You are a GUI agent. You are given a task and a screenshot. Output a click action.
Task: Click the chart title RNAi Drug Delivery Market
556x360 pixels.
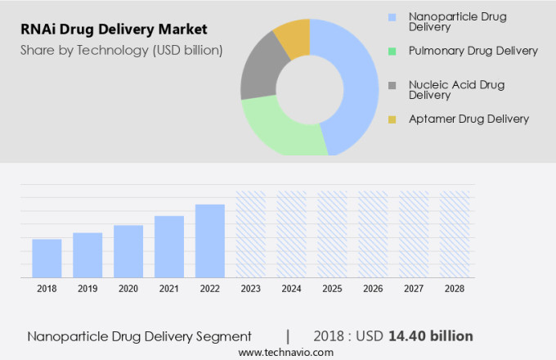point(114,30)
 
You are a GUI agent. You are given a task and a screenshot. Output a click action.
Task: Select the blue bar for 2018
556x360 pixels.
point(47,258)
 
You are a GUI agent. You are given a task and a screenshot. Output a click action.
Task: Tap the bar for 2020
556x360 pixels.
point(128,250)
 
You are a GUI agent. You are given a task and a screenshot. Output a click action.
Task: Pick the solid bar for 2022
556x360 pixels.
point(209,241)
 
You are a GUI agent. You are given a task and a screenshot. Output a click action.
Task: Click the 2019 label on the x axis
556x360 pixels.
point(87,289)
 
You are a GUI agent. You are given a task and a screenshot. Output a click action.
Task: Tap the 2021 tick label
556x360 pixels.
point(168,289)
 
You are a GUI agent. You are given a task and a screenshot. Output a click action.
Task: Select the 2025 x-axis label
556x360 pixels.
point(332,289)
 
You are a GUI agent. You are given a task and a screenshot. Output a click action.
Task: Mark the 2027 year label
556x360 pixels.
point(414,289)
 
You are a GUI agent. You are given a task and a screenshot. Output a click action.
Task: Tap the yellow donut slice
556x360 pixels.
point(293,36)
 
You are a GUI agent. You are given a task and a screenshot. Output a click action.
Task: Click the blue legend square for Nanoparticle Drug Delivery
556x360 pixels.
point(392,16)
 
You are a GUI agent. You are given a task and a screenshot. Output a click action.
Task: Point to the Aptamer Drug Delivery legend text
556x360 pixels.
point(469,119)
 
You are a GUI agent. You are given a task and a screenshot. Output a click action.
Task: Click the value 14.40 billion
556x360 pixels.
point(431,335)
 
